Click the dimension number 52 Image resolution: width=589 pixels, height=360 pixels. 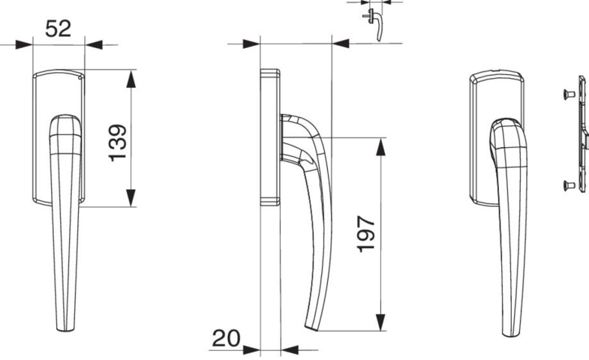point(59,28)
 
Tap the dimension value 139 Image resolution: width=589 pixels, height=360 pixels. point(118,142)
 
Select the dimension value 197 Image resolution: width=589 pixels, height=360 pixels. point(365,233)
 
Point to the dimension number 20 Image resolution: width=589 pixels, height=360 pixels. point(226,338)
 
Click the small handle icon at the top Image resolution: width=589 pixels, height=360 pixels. point(374,24)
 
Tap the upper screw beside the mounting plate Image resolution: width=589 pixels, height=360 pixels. point(569,94)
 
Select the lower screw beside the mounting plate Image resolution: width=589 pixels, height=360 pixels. point(569,185)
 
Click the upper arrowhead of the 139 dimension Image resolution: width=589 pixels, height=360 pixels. point(131,79)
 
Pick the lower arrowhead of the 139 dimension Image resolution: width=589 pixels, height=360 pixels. point(131,197)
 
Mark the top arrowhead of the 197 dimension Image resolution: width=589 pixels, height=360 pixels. point(381,147)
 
